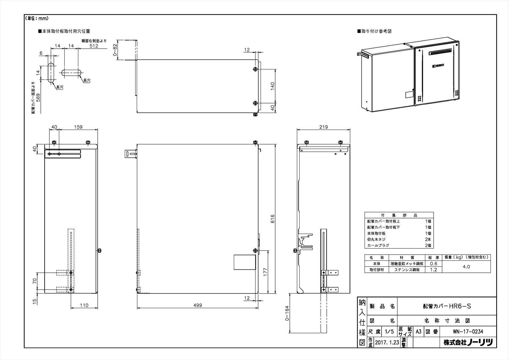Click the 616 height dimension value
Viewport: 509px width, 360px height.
272,218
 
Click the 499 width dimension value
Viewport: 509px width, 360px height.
198,305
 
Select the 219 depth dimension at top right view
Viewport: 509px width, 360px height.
323,127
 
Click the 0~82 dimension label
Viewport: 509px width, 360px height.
115,50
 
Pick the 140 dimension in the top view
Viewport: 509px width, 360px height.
272,86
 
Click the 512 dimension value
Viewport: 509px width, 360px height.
94,46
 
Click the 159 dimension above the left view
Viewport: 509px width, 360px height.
78,127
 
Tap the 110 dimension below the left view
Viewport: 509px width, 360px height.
84,305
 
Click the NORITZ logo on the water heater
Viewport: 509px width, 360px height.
438,66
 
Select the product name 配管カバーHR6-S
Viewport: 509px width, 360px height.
447,306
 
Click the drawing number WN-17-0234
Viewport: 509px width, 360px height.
468,332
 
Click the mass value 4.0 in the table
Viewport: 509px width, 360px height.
466,267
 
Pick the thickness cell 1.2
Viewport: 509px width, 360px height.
433,270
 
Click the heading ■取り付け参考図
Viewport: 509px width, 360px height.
374,31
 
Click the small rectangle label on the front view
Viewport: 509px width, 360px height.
245,262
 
